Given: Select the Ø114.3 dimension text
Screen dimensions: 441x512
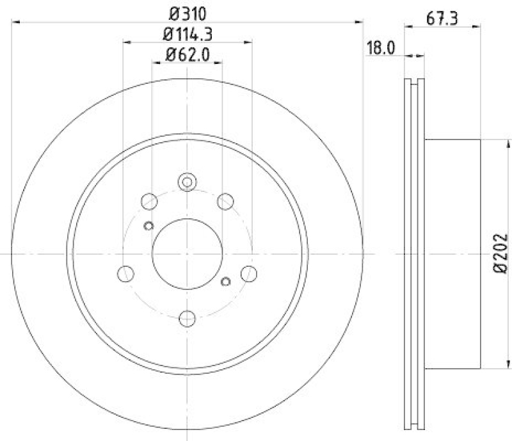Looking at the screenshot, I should [187, 34].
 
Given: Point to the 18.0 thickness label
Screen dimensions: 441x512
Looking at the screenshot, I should [378, 47].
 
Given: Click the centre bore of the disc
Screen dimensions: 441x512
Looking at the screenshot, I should [187, 254].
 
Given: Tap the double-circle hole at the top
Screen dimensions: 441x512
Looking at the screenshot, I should [187, 182].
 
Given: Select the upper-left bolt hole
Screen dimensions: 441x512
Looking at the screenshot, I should [150, 202].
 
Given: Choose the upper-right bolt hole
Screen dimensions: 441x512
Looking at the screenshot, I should [224, 202].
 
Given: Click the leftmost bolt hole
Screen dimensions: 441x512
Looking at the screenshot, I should [126, 273].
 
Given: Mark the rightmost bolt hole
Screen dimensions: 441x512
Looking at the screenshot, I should [248, 273].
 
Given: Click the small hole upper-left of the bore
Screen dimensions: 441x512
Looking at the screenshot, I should [149, 225].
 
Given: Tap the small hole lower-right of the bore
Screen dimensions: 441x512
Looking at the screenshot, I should [225, 282].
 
